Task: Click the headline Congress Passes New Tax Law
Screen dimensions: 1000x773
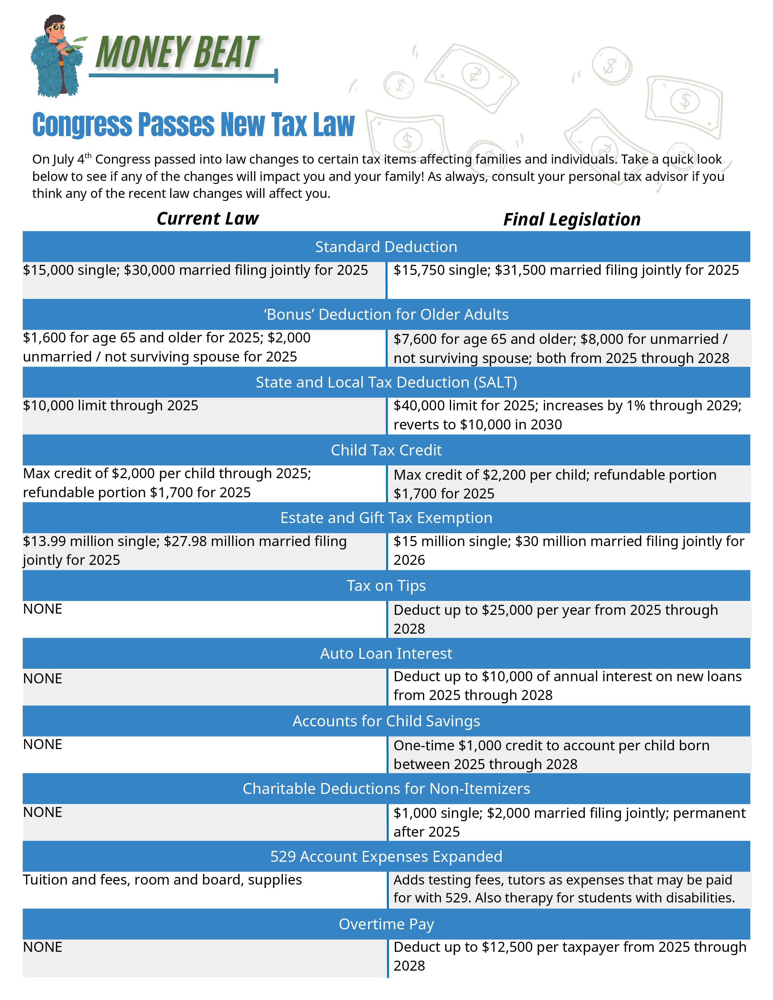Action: point(193,125)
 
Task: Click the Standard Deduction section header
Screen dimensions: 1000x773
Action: point(386,247)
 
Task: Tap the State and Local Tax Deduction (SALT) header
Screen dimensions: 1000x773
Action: point(386,382)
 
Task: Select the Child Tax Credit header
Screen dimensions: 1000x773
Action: point(386,450)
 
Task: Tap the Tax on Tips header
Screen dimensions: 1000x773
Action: point(386,586)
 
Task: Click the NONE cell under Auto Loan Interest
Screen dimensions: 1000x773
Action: point(42,678)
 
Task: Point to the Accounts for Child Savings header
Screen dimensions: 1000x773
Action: point(386,721)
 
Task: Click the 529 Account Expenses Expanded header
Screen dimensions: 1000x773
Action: point(386,857)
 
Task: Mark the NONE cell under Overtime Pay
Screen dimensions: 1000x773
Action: point(42,947)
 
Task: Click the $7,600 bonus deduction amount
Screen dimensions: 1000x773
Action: point(414,339)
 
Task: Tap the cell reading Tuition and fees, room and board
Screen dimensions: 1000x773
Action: point(162,880)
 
